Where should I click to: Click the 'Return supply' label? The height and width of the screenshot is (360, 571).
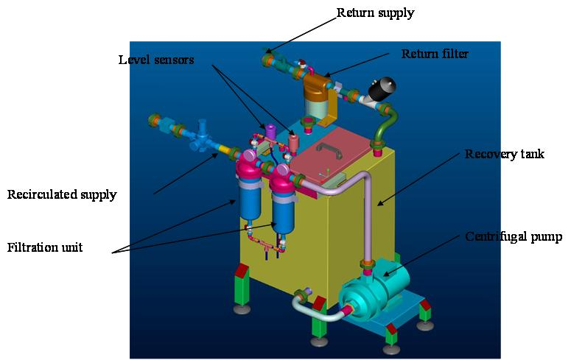(375, 13)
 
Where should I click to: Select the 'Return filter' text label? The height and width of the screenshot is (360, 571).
(435, 54)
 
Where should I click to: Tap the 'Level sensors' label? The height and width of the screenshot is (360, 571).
(156, 59)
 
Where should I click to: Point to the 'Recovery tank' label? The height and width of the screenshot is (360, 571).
(503, 154)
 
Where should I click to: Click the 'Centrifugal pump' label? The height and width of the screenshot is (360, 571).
(514, 236)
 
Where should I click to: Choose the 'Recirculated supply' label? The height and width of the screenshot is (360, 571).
(62, 195)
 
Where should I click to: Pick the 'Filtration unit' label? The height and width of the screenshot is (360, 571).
(45, 247)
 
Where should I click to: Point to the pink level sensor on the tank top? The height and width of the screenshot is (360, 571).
(293, 140)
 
